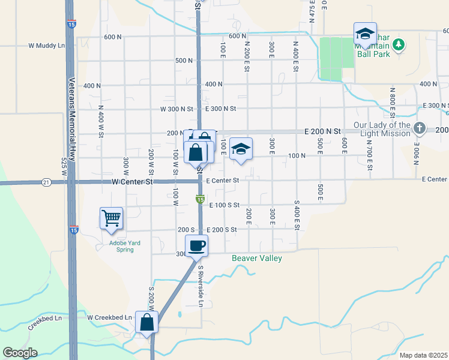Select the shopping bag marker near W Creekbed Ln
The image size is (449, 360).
click(146, 322)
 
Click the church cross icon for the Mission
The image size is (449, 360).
click(420, 128)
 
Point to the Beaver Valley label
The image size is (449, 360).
click(257, 258)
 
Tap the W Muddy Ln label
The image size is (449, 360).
click(47, 45)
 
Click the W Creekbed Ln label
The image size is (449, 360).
click(109, 317)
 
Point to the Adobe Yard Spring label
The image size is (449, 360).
click(116, 246)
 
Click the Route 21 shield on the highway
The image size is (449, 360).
click(46, 181)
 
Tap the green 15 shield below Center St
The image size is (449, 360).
click(200, 199)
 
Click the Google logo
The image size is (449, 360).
click(19, 353)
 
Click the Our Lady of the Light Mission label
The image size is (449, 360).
click(381, 129)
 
